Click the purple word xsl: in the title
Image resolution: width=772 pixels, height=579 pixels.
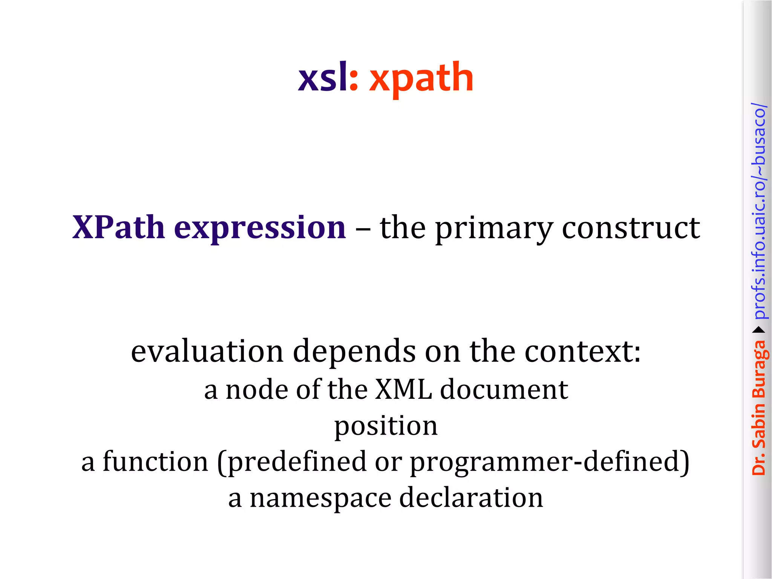coord(327,77)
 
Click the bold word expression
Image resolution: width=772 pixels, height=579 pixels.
coord(260,229)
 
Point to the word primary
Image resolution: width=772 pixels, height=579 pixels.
coord(494,229)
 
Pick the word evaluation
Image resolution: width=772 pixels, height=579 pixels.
coord(207,351)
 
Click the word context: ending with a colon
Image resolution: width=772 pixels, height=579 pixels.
coord(583,351)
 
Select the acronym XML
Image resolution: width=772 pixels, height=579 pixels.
coord(403,389)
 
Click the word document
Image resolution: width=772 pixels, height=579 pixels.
coord(504,389)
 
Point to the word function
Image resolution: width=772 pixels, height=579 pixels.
coord(155,461)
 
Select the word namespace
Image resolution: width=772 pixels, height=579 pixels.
coord(321,498)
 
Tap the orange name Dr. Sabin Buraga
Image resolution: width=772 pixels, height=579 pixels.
coord(759,407)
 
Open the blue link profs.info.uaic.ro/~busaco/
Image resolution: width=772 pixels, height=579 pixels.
coord(759,211)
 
